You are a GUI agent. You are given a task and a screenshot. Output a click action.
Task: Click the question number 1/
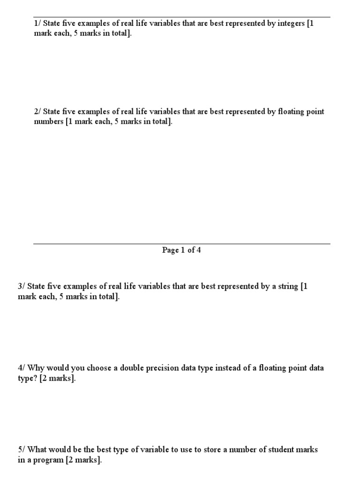[37, 24]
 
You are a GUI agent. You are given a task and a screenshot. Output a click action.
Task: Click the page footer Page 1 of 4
[181, 250]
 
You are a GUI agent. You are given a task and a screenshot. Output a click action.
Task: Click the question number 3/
[22, 286]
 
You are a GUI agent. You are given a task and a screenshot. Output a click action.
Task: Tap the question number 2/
[37, 112]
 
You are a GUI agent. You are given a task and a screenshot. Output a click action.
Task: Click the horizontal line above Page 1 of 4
[181, 244]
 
